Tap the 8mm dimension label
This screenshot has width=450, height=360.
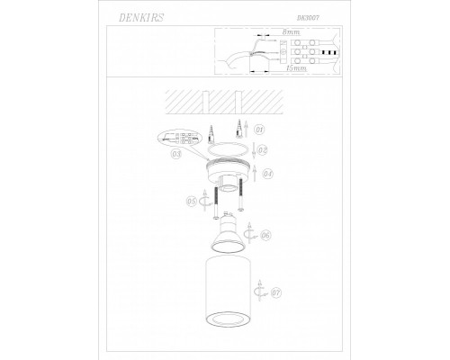click(291, 32)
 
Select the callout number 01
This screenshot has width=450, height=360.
click(259, 130)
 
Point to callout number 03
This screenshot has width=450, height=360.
click(176, 155)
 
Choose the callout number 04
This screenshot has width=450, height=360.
click(267, 172)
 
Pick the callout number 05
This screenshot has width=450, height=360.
click(191, 202)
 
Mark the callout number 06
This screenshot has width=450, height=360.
click(265, 235)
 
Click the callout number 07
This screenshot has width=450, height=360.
click(276, 292)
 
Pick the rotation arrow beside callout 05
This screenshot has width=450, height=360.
click(203, 202)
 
